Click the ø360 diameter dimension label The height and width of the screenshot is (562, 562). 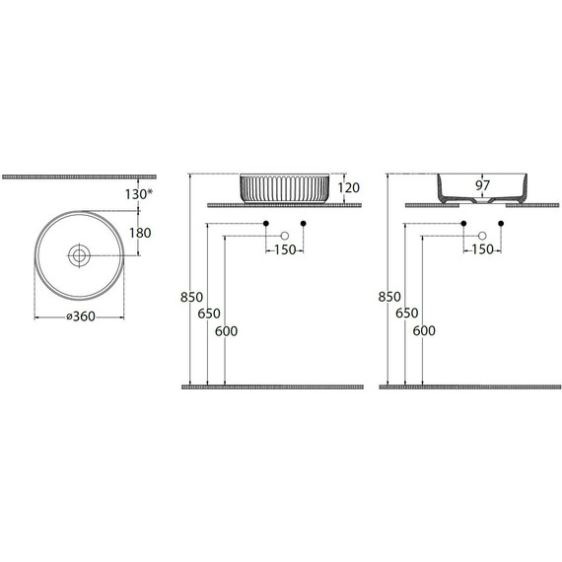coord(81,316)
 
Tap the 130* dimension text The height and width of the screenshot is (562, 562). coord(139,194)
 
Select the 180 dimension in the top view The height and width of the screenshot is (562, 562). coord(140,233)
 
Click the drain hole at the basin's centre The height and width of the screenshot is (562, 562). coord(79,255)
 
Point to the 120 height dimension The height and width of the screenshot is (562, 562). coord(348,187)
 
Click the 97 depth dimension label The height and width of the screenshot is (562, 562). coord(482,185)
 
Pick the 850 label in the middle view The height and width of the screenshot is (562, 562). coord(191,297)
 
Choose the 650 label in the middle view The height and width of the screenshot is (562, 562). coord(209,314)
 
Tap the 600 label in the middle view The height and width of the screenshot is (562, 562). coord(226,331)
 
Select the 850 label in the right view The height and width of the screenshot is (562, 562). coord(389,297)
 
